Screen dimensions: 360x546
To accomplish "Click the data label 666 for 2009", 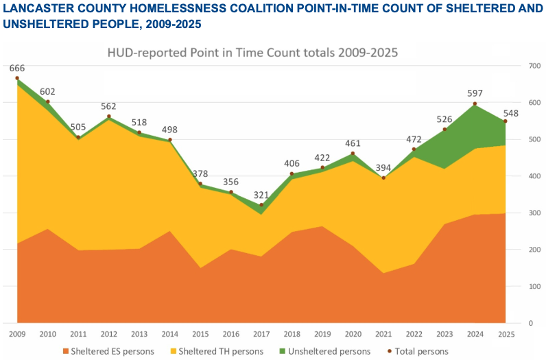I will [x=18, y=68].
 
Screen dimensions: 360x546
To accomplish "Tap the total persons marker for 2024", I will [x=475, y=104].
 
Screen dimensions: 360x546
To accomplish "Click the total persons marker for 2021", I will [x=383, y=178].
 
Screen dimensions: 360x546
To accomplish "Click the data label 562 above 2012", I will [x=108, y=106].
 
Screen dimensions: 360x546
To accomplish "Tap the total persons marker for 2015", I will [x=200, y=184].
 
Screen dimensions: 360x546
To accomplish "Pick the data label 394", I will [x=383, y=168].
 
